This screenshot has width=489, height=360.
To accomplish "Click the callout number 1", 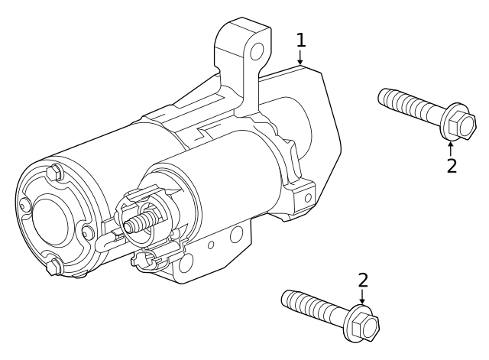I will pos(301,40).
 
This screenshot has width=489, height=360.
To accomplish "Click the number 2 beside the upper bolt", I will pos(452,165).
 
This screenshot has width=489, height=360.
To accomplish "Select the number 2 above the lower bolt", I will pos(363,281).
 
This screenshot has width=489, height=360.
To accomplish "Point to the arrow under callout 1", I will pos(301,57).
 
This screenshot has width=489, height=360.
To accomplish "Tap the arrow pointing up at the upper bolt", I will pos(451,146).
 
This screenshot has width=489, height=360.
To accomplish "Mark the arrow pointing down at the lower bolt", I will pos(363,299).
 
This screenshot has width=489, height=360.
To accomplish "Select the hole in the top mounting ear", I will pos(257,52).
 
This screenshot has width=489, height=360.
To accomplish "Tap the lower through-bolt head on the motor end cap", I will pos(54,266).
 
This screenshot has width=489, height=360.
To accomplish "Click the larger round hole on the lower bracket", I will pos(237,233).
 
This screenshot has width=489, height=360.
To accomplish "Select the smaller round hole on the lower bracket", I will pos(212,245).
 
